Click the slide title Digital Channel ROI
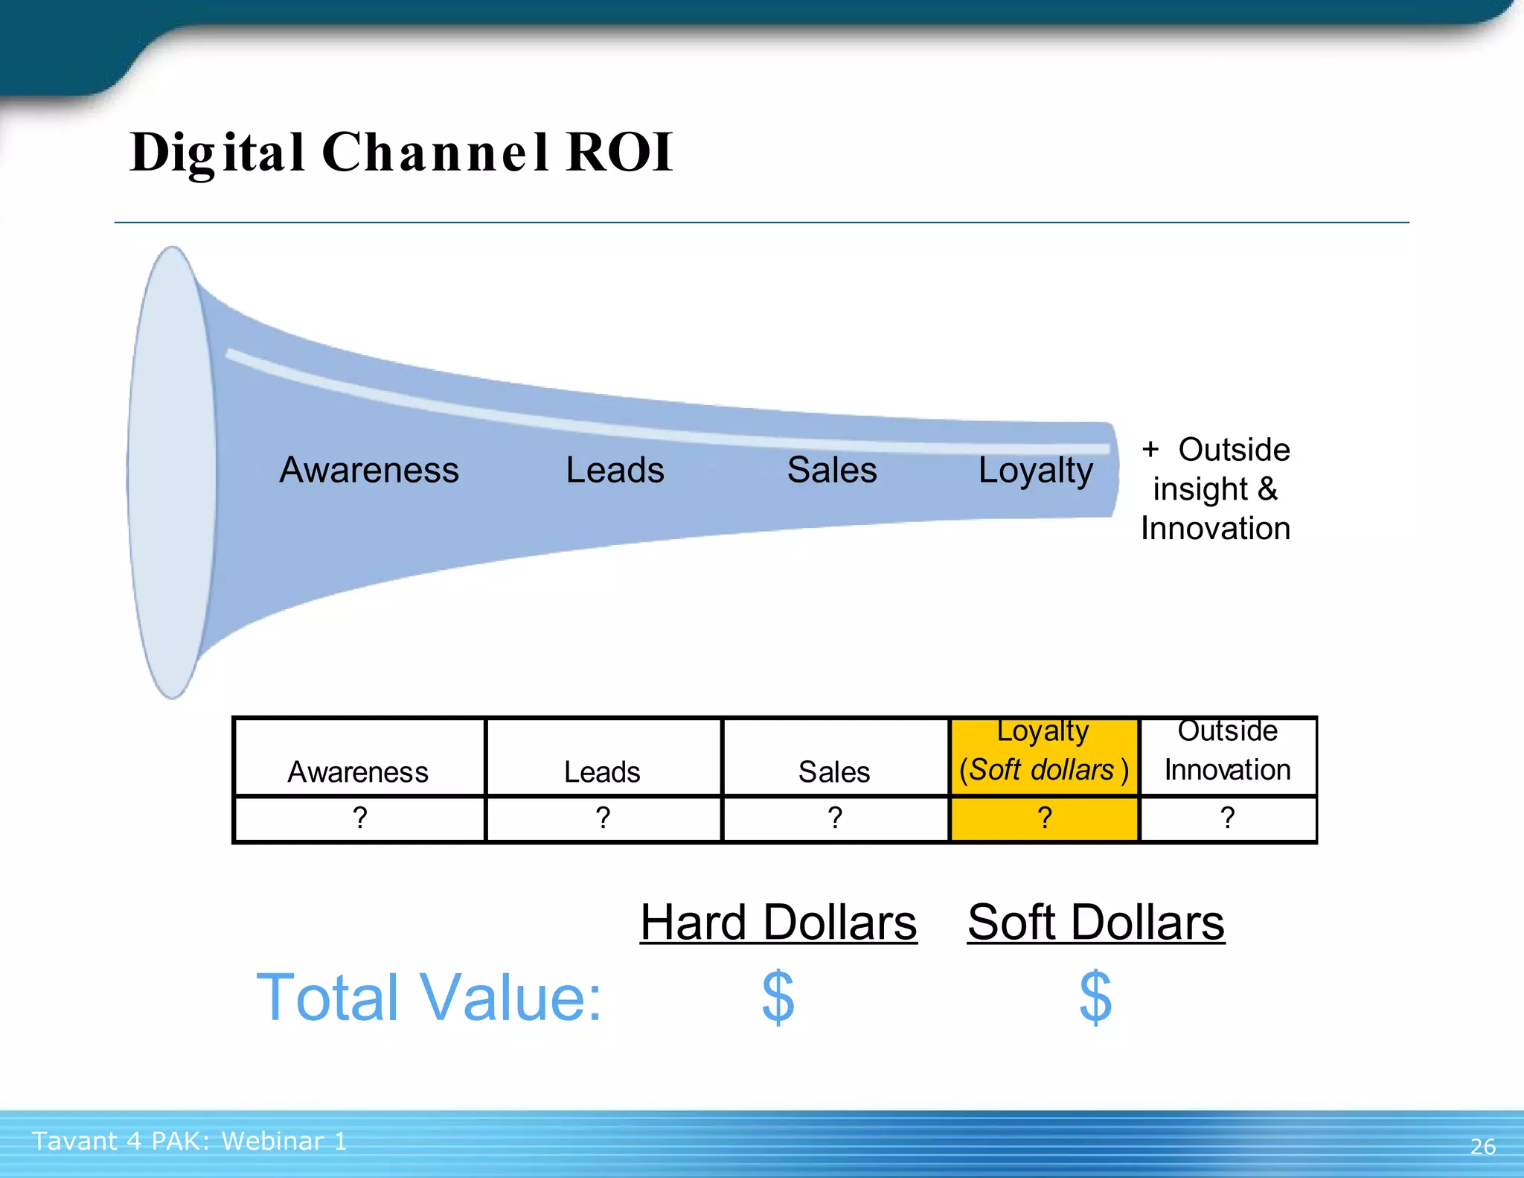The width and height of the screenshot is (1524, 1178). tap(402, 153)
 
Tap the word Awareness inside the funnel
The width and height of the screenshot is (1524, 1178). tap(369, 471)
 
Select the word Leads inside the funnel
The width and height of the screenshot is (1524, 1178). tap(615, 471)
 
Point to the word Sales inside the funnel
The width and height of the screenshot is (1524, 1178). tap(832, 471)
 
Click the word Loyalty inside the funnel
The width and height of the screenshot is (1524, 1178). tap(1035, 471)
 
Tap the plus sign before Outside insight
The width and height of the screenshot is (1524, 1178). tap(1150, 450)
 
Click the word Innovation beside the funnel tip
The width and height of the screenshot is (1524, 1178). tap(1215, 529)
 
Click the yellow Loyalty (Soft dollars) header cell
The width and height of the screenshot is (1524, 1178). tap(1044, 757)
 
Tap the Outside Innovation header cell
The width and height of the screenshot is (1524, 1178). tap(1228, 757)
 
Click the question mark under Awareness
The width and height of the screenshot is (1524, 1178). tap(360, 818)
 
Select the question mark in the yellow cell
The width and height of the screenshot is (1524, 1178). tap(1045, 818)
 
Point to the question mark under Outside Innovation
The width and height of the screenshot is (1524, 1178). tap(1228, 818)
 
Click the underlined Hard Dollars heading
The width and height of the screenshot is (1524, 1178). tap(778, 923)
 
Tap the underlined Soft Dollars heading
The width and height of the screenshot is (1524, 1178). tap(1095, 923)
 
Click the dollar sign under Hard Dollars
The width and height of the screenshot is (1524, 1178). tap(778, 997)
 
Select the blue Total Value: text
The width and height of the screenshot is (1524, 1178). tap(429, 998)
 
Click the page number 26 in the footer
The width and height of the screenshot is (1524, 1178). tap(1482, 1147)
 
